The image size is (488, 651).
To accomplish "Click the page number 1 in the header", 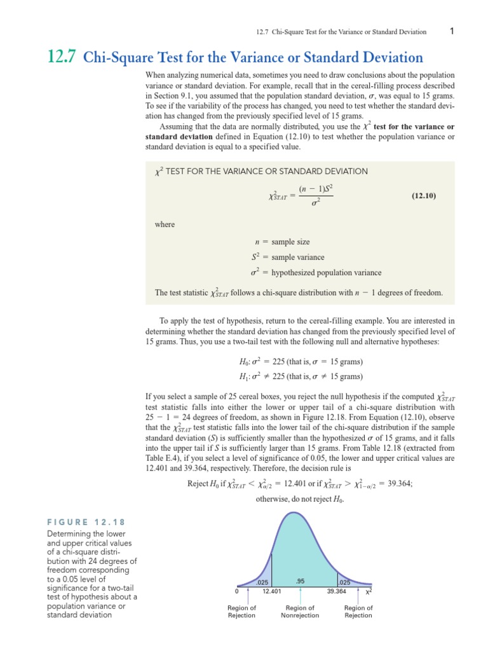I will coord(451,31).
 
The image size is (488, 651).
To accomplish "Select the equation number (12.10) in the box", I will coord(421,196).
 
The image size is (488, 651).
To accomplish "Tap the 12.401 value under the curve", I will coord(271,591).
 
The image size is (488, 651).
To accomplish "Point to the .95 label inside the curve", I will coord(301,580).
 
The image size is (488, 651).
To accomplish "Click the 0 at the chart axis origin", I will coord(236,591).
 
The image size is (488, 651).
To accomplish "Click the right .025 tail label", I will coord(344,582).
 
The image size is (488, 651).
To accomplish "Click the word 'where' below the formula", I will coord(165,224).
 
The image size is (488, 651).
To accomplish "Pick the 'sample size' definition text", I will coord(297,242).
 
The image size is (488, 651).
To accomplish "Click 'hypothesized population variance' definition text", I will coord(327,273).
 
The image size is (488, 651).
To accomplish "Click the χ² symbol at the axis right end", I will coord(369,591).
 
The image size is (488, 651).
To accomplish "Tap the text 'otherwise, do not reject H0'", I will coord(300,499).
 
